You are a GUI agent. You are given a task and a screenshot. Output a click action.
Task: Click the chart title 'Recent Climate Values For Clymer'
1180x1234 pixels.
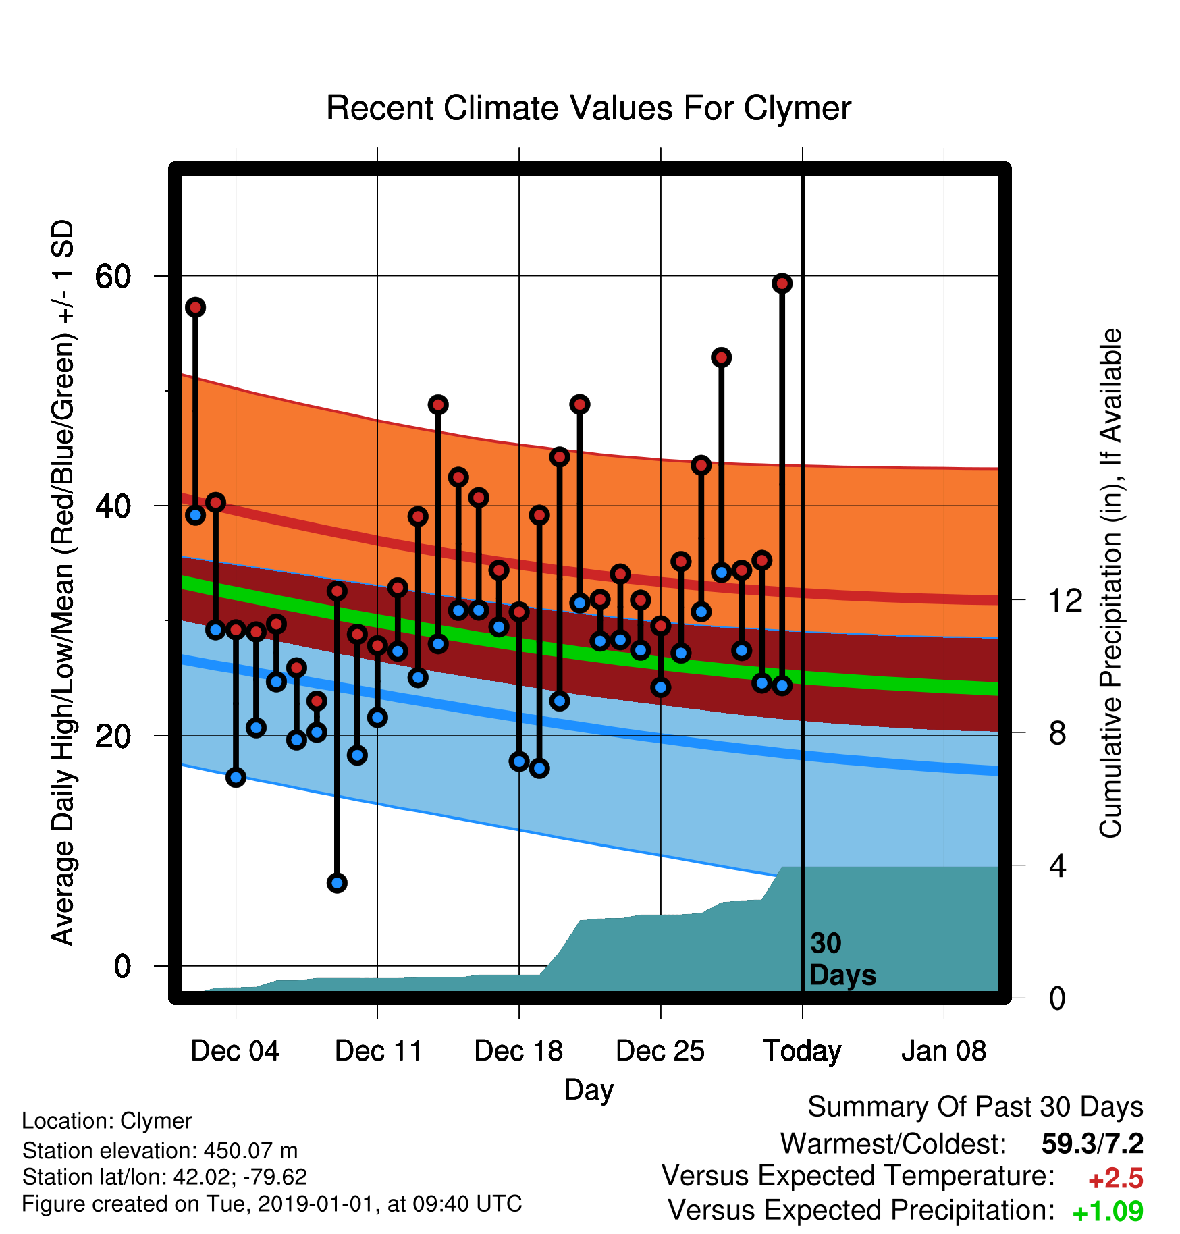point(589,108)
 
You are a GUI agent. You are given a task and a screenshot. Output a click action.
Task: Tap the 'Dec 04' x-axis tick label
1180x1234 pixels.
point(235,1051)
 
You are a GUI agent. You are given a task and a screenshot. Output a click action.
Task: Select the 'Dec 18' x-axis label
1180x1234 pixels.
point(518,1051)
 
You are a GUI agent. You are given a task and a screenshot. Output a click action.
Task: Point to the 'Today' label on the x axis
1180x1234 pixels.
point(802,1052)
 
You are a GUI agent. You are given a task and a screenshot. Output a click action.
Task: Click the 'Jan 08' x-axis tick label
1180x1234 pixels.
point(944,1051)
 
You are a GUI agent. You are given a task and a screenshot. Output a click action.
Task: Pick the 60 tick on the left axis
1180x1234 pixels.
point(113,276)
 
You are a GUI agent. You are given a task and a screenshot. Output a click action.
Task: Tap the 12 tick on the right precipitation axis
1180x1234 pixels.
point(1065,599)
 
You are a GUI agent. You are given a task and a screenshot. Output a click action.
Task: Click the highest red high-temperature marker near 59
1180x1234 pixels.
point(782,284)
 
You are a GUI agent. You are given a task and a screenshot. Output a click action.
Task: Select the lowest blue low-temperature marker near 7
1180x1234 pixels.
point(337,882)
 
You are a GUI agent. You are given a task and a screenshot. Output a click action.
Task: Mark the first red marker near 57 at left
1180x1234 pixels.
point(196,307)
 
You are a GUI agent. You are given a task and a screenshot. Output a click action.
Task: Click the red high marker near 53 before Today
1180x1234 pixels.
point(722,357)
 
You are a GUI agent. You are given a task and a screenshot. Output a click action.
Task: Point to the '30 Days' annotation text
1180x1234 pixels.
point(842,959)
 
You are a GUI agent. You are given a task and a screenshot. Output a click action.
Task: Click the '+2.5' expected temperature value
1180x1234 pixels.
point(1116,1179)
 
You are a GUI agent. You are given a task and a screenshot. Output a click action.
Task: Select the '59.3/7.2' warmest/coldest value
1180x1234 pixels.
point(1092,1144)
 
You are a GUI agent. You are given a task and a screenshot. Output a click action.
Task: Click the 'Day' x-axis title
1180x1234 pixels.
point(589,1090)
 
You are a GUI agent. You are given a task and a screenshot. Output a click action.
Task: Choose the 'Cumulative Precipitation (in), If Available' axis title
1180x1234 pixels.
point(1110,583)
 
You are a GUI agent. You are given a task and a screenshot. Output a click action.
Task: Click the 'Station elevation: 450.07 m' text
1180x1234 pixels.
point(160,1150)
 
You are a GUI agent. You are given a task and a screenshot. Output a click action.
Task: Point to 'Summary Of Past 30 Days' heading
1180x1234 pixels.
point(975,1107)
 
